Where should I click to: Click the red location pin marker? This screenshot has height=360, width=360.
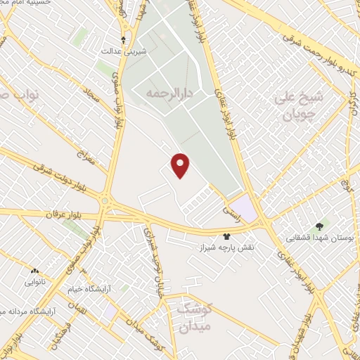[181, 165]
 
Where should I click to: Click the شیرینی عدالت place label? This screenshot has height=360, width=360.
[124, 51]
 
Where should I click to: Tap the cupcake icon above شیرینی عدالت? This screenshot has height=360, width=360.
[124, 39]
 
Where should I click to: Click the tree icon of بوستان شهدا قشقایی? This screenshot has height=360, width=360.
[320, 226]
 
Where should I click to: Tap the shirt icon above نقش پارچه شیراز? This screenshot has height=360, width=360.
[226, 237]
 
